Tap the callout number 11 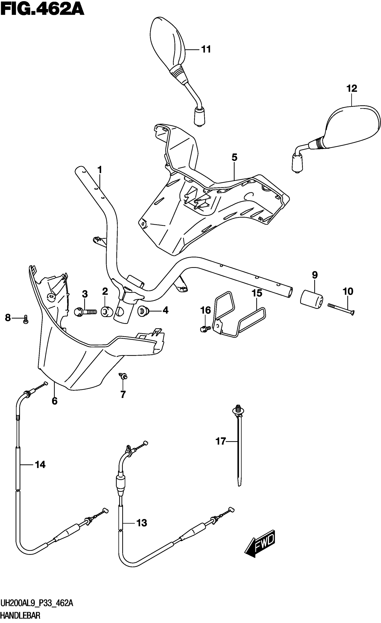pos(206,49)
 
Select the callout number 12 pos(351,88)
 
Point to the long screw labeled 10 pos(341,309)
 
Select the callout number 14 pos(40,465)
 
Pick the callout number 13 pos(141,523)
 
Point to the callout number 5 pos(234,157)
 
